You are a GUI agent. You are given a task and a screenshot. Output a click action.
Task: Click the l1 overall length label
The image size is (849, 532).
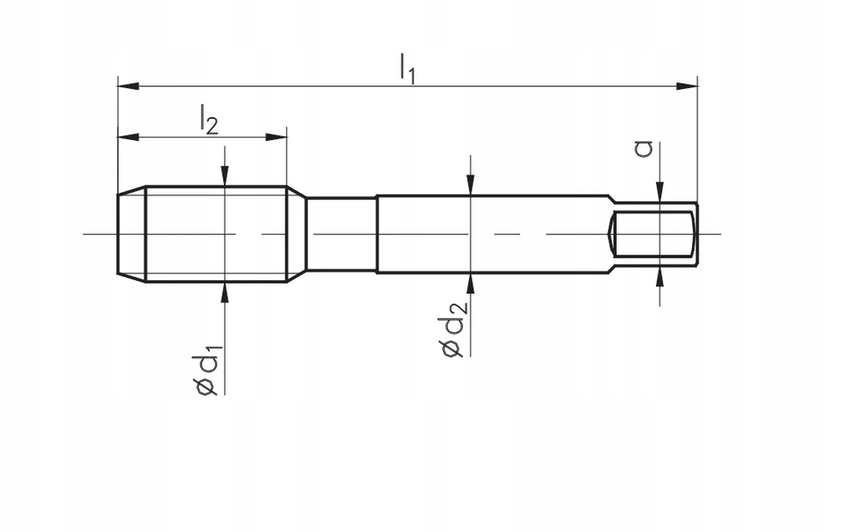408,67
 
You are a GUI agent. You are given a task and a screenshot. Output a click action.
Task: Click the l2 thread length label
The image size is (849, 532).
209,119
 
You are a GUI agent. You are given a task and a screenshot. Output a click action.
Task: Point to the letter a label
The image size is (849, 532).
643,149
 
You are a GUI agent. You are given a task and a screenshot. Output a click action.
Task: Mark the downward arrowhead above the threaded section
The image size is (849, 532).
225,175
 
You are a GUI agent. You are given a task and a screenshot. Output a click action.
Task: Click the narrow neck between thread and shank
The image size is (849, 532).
341,234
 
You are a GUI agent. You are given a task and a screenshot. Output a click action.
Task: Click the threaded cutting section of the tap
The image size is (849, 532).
216,234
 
